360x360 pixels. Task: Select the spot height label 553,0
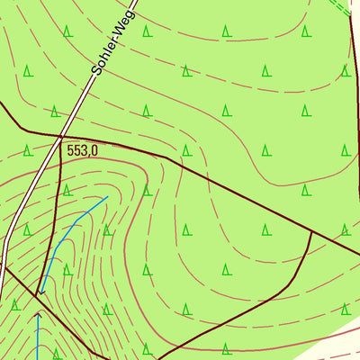[x=81, y=151]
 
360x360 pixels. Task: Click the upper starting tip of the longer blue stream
[x=108, y=196]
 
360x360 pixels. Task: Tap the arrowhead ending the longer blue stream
[x=40, y=292]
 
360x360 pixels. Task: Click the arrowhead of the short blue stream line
[x=38, y=314]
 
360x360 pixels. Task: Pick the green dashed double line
[x=340, y=7]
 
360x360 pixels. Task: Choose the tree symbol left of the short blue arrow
[x=14, y=304]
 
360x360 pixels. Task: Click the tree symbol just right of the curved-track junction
[x=346, y=230]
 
